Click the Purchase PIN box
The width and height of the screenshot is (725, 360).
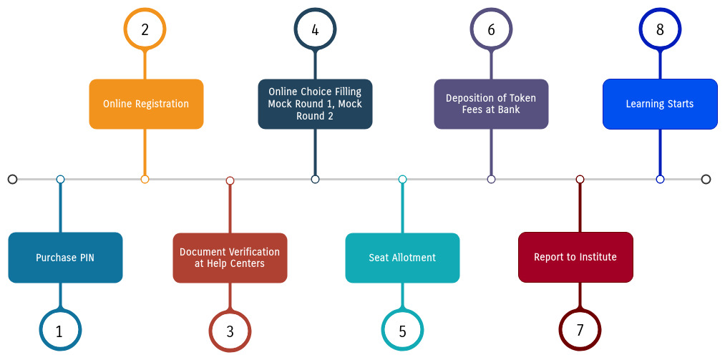click(65, 258)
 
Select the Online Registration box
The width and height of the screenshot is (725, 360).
click(146, 104)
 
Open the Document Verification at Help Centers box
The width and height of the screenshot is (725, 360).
click(230, 258)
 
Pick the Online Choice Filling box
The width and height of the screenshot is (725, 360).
click(315, 104)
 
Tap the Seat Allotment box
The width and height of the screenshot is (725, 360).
click(402, 258)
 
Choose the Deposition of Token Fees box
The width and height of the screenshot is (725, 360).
click(491, 104)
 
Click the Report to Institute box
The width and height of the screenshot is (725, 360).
click(575, 258)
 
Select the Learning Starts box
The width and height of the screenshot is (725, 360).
click(660, 104)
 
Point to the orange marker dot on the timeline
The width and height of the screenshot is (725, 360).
click(145, 180)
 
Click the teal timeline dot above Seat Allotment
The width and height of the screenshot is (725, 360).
click(402, 180)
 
